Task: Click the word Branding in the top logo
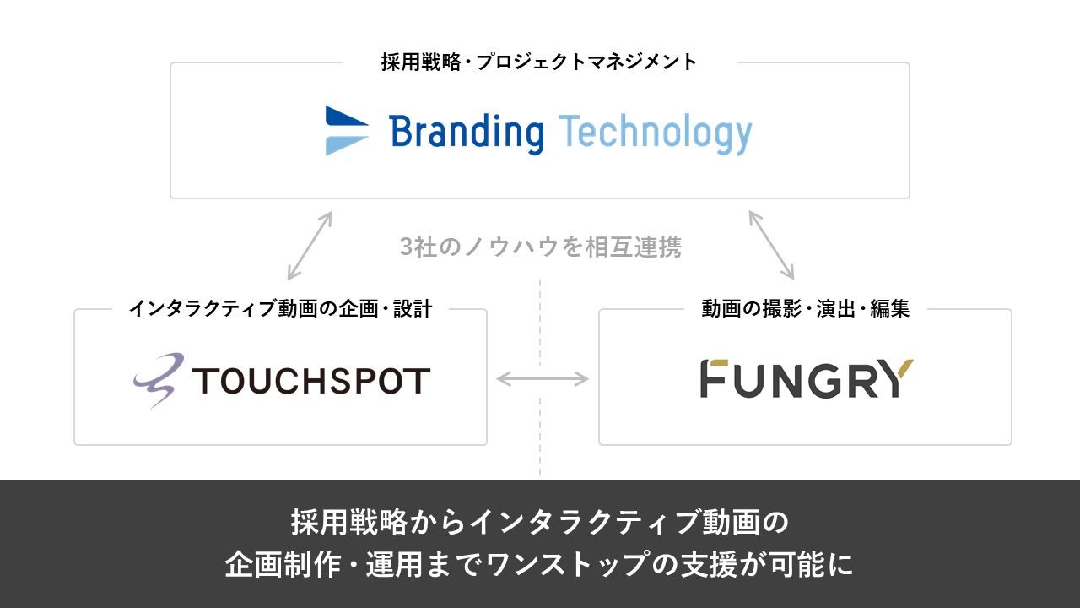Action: [x=467, y=133]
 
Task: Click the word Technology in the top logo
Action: [x=655, y=133]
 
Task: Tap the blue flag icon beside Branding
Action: [x=347, y=131]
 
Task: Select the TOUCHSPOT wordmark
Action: [x=311, y=381]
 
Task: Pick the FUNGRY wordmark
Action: [x=807, y=379]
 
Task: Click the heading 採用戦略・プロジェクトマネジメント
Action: [x=540, y=62]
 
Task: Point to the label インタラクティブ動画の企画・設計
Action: [x=280, y=309]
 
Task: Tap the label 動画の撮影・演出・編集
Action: [x=806, y=309]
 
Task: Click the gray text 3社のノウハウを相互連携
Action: [x=540, y=247]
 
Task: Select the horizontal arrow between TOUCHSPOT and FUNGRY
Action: [x=543, y=379]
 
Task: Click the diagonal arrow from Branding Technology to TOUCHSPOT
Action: [x=310, y=246]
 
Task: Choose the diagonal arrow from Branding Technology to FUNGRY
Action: [x=771, y=246]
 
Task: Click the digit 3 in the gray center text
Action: [x=407, y=247]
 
